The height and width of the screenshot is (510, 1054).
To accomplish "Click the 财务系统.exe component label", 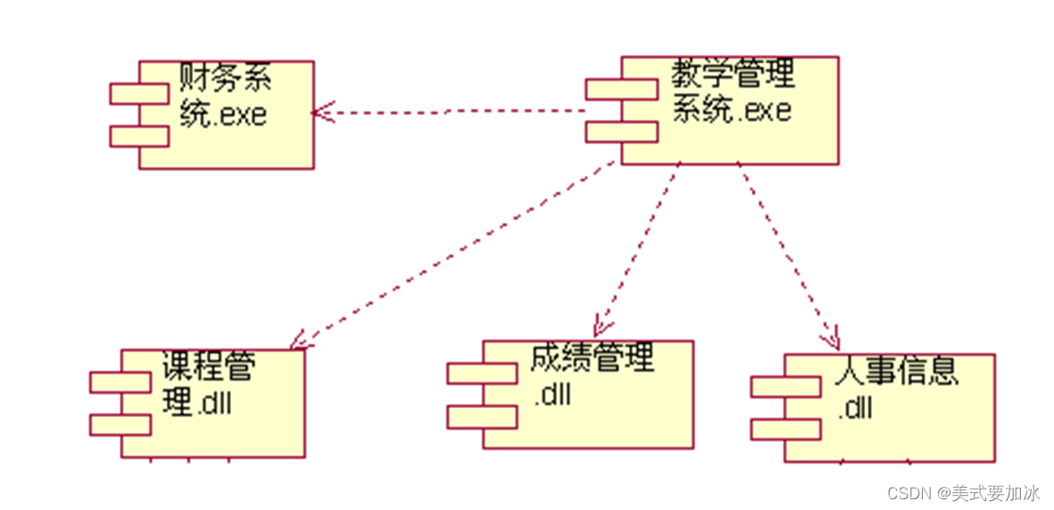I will click(224, 97).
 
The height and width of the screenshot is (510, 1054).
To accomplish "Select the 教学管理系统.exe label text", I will click(732, 92).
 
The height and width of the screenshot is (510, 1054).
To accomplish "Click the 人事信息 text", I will click(898, 371).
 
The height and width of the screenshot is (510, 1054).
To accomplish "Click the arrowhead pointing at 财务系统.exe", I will click(320, 113).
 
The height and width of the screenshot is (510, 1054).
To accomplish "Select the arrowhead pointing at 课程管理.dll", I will click(298, 339).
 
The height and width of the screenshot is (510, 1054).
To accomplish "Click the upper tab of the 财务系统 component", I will click(139, 93).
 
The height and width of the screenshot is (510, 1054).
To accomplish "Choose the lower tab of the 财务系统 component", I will click(139, 136).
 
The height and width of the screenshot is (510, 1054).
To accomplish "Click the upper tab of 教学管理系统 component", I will click(621, 88).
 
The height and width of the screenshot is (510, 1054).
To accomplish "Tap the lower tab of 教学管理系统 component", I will click(621, 131).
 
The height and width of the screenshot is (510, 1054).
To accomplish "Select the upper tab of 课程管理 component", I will click(120, 382).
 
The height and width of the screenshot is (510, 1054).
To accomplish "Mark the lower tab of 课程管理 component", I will click(120, 424).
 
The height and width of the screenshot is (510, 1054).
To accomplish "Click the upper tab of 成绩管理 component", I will click(482, 373).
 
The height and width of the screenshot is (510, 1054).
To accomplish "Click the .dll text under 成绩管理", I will click(552, 394).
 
